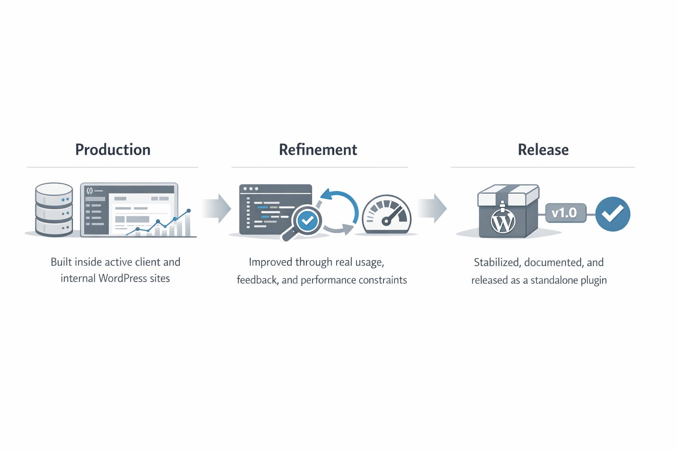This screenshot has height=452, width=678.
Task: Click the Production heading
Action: pyautogui.click(x=113, y=150)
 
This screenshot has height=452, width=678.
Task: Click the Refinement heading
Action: pyautogui.click(x=318, y=150)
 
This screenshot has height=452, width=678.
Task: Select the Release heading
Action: pyautogui.click(x=543, y=150)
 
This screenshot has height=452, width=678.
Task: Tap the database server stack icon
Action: pyautogui.click(x=54, y=210)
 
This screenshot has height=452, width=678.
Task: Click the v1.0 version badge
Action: pyautogui.click(x=565, y=213)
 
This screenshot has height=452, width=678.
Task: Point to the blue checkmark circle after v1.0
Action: pyautogui.click(x=613, y=214)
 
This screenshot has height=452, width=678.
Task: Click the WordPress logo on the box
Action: pyautogui.click(x=503, y=222)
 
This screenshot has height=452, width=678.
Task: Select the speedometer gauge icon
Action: pyautogui.click(x=387, y=215)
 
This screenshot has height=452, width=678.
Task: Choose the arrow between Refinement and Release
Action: pyautogui.click(x=432, y=208)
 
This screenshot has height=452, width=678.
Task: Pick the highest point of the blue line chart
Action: pyautogui.click(x=188, y=211)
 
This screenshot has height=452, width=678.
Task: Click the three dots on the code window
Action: pyautogui.click(x=251, y=188)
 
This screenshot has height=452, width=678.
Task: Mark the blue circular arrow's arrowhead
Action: pyautogui.click(x=326, y=194)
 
